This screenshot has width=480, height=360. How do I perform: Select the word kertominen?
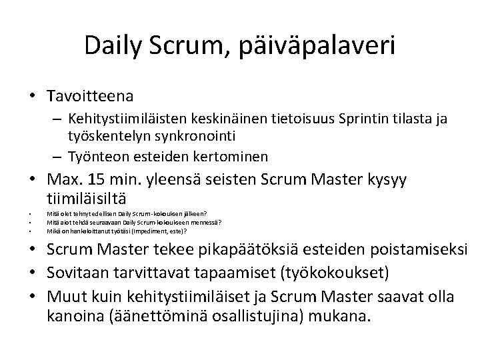235,157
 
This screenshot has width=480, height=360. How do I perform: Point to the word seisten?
223,181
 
